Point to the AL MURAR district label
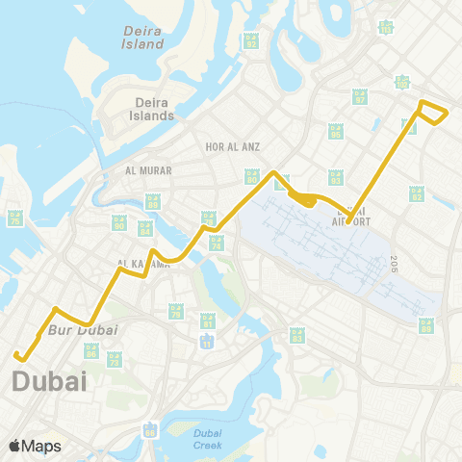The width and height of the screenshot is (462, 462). (148, 170)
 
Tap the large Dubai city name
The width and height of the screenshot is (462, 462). (49, 382)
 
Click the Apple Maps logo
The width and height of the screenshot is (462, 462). (35, 446)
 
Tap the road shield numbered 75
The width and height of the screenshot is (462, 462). (14, 218)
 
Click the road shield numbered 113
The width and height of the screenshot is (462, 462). (386, 27)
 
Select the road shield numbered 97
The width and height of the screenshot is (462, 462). (361, 96)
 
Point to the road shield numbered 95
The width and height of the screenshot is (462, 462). (336, 131)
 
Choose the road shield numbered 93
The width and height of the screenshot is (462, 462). (335, 176)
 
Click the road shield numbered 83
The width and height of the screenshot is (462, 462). (297, 336)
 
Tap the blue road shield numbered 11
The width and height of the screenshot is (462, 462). (206, 342)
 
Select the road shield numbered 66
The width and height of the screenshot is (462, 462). (150, 430)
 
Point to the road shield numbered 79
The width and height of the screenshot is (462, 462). (175, 311)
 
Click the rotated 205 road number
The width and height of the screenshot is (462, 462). (395, 263)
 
